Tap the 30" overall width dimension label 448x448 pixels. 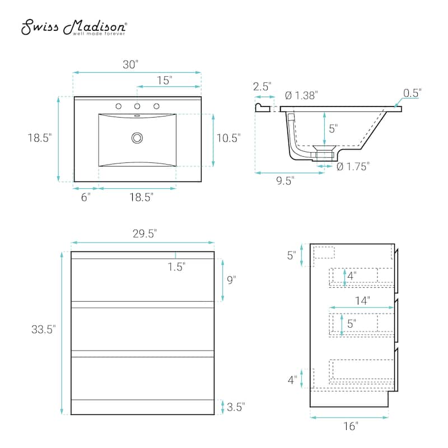click(130, 64)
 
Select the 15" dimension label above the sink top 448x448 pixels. click(164, 80)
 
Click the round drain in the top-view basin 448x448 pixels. click(137, 137)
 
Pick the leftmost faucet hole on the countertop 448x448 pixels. click(118, 106)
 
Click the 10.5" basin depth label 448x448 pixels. click(229, 138)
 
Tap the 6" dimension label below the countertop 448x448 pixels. click(85, 197)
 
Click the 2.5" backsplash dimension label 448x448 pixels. click(262, 86)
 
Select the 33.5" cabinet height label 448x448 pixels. click(43, 330)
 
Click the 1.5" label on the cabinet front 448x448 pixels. click(176, 267)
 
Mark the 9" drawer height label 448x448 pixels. click(231, 280)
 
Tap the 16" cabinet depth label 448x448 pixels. click(350, 427)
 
